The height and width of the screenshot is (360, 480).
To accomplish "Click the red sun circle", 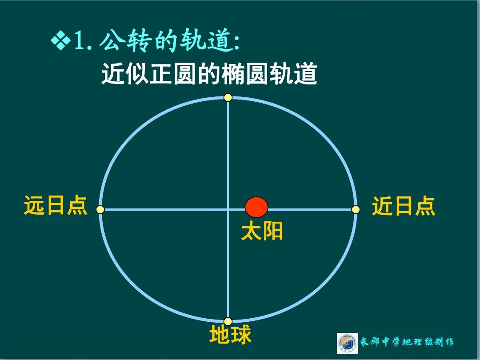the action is coord(256,207).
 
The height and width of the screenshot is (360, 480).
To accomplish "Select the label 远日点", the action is coord(56,205).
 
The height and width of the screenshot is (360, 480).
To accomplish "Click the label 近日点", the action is coord(404,206).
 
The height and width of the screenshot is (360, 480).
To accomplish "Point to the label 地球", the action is coord(231,334).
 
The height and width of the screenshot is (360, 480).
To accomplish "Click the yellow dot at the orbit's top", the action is coord(228,98).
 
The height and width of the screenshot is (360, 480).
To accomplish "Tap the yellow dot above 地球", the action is coord(228,321).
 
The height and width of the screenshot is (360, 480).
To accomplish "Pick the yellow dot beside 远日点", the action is coord(100,209).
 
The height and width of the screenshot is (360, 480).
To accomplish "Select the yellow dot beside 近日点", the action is coord(356,209).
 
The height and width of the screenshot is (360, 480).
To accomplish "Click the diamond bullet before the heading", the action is coord(61,40).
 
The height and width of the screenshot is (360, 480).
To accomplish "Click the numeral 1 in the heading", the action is coord(80,40).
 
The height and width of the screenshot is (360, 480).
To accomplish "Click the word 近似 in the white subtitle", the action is coord(125,73).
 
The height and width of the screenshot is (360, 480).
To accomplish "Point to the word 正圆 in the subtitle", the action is coord(173,73).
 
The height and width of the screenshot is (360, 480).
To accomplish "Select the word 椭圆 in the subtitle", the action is coord(245,73).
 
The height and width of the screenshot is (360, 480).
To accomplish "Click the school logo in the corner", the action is coord(347,343).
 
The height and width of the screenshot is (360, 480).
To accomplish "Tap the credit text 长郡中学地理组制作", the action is coord(407,342).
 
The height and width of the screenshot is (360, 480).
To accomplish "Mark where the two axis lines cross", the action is coord(228,209).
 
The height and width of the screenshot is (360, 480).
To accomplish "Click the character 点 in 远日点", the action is coord(77,205).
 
